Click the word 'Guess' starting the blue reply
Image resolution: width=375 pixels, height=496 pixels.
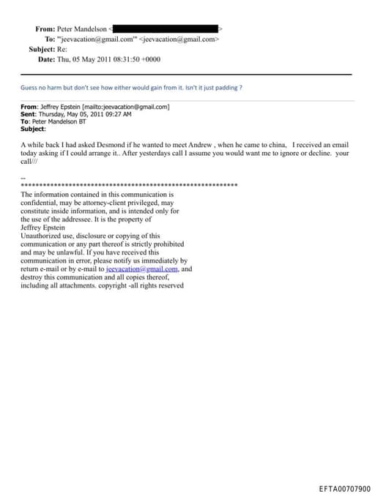click(29, 87)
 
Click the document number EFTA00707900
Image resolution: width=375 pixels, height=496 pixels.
click(344, 488)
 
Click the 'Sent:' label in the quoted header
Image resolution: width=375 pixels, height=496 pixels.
click(29, 114)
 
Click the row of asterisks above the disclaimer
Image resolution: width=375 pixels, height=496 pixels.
click(129, 187)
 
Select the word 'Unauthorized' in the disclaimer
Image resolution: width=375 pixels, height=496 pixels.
click(44, 236)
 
